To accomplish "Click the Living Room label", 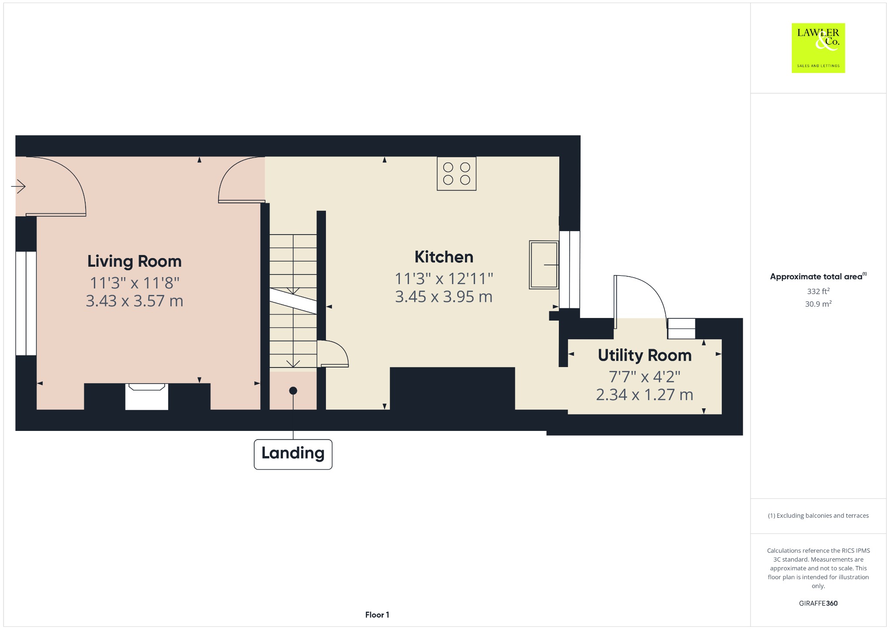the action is (134, 261).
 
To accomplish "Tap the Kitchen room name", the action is (444, 257).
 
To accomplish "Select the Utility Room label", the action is (644, 355).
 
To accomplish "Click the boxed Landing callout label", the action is (293, 454).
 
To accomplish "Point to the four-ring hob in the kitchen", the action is (456, 173).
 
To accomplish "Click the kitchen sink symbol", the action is (544, 265).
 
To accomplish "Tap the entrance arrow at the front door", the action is (18, 187).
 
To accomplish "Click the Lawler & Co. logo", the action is (818, 48).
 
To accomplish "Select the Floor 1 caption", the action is (377, 615).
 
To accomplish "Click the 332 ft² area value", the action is (818, 291).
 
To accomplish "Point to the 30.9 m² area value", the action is (818, 304).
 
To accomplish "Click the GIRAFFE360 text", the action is (818, 603).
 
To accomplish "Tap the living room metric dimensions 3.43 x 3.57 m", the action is (134, 301).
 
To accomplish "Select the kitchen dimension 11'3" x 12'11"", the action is (444, 278).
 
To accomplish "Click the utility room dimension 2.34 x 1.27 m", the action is (644, 394).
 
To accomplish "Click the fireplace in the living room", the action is (147, 397).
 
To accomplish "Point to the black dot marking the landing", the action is (293, 391).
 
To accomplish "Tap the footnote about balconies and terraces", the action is (818, 516).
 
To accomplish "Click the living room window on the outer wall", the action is (26, 303).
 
